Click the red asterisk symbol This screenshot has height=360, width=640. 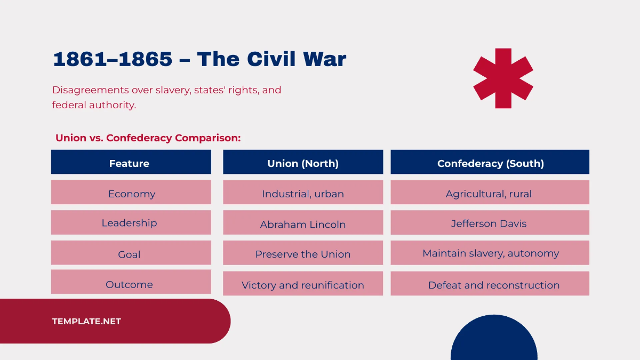pos(503,78)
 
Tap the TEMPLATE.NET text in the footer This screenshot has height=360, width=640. pos(86,321)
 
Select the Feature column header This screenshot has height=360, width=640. pos(130,163)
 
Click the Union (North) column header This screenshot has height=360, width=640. pos(303,163)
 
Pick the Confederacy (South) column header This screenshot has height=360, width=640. pos(490,163)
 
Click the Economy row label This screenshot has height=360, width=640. pos(131,193)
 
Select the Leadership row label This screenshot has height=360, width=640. pos(130,222)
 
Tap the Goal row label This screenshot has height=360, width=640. pos(130,254)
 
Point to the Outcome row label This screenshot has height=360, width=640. pos(130,284)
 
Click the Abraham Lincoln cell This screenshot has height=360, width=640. pos(303,224)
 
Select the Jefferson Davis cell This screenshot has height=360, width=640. pos(489,223)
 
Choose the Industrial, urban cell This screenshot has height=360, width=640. pos(303,193)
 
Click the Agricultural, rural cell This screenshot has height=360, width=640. pos(489,193)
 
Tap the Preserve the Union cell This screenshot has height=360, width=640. pos(303,254)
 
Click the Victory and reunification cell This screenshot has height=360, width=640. pos(303,285)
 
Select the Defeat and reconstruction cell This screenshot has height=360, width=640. pos(494,285)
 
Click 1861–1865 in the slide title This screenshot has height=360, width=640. pos(113,59)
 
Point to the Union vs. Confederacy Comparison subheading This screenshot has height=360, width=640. pos(148,138)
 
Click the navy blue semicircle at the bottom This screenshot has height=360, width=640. pos(494,341)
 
